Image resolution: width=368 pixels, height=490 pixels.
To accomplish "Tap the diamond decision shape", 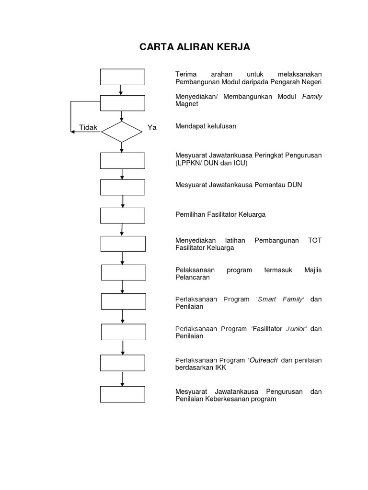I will point(122,132).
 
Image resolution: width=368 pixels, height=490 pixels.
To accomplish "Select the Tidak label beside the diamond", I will point(88,128).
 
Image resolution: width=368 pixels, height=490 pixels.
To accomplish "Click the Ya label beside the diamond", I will point(152,128).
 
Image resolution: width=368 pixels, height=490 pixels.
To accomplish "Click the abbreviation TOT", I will point(315,240).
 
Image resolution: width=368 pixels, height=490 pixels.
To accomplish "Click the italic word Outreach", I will point(264,360).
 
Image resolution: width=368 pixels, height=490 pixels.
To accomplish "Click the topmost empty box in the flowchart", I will point(122,77).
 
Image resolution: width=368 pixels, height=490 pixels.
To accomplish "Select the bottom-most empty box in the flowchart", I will point(122,394).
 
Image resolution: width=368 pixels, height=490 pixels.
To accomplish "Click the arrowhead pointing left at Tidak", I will point(73,132).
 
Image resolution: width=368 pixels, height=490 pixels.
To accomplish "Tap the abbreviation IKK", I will point(220,367).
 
